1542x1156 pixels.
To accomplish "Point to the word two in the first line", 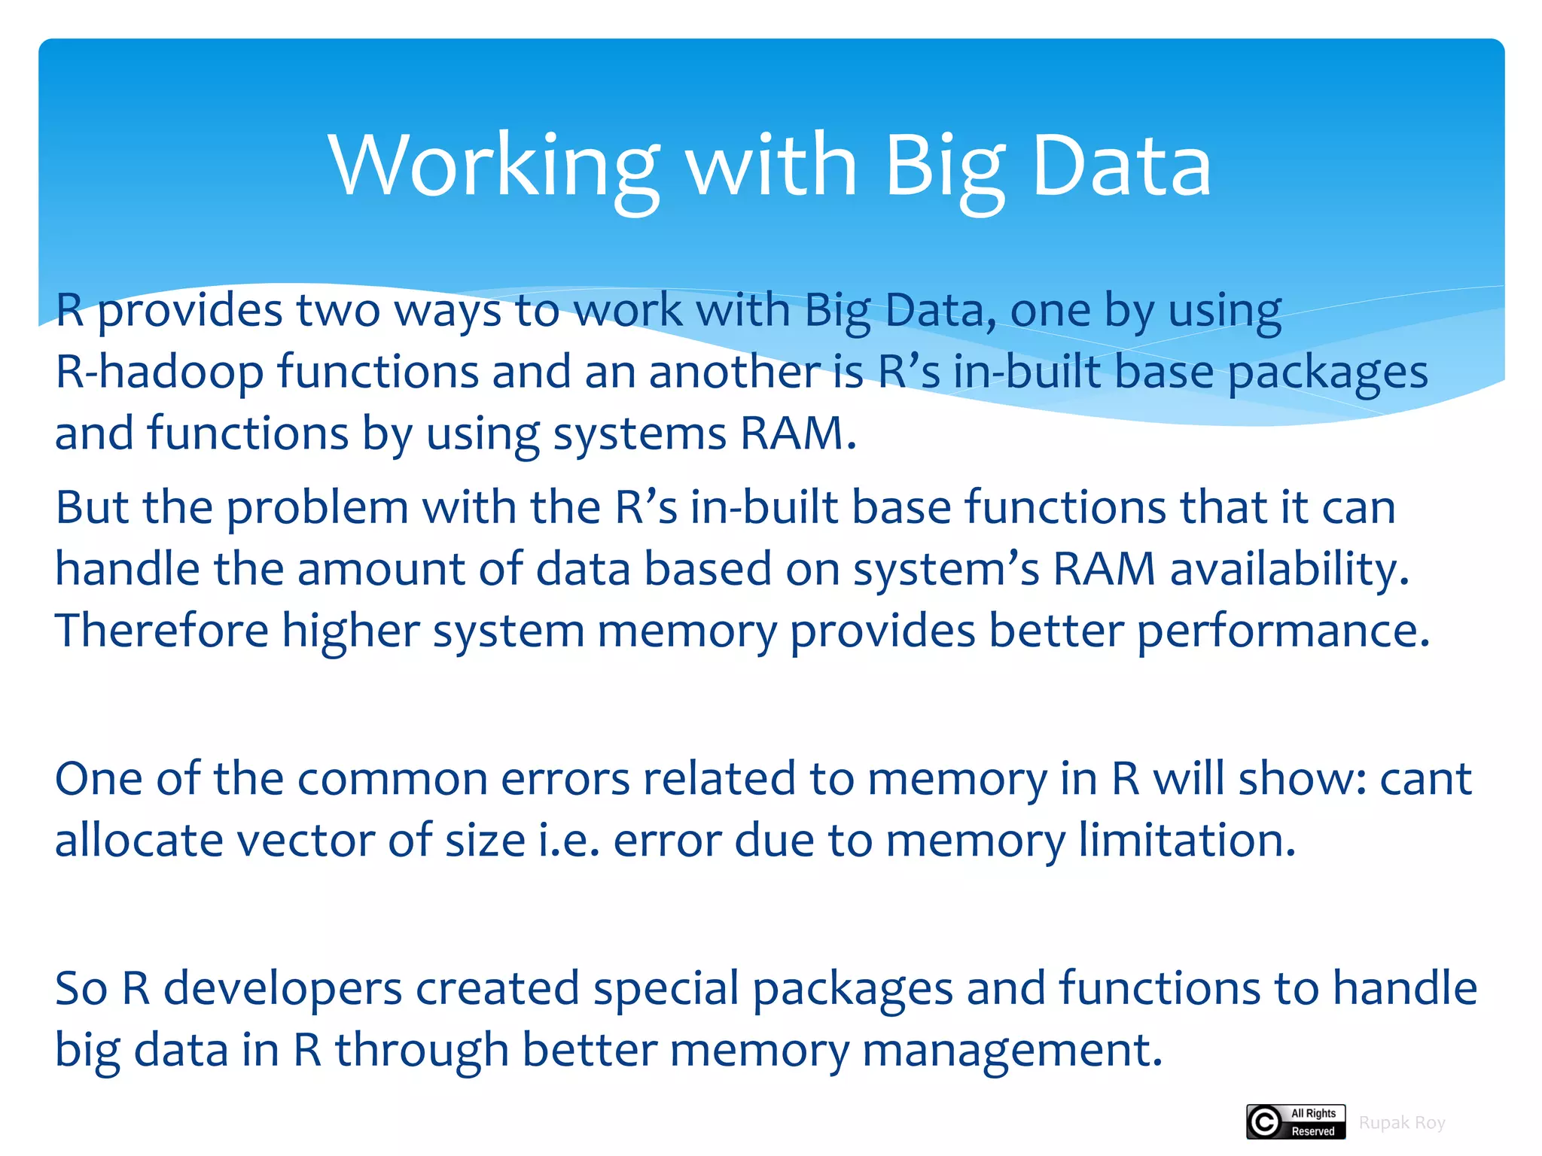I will (338, 310).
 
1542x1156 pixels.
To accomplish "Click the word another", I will (735, 372).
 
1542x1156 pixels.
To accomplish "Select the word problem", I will (317, 507).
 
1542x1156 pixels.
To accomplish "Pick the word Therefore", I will (162, 631).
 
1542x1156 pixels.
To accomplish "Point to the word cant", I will (1425, 779).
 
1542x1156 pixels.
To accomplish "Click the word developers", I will (282, 988).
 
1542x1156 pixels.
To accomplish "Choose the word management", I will (1012, 1051).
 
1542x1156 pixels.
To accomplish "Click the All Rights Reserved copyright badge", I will (1295, 1122).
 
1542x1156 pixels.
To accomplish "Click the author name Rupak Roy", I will (1402, 1123).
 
